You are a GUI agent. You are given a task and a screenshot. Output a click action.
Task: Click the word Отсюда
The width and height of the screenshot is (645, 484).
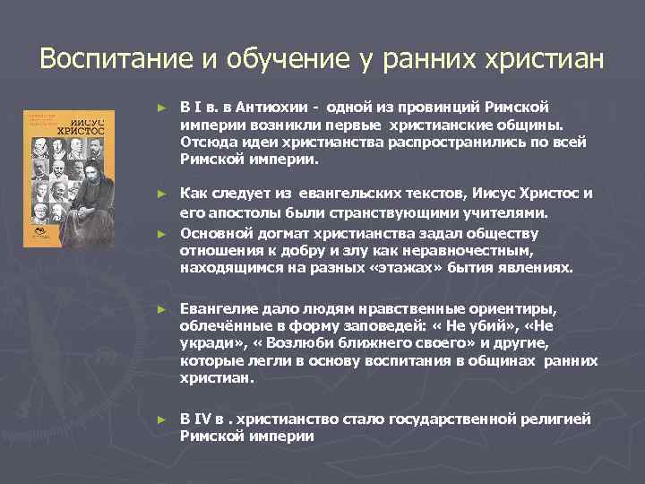pos(205,141)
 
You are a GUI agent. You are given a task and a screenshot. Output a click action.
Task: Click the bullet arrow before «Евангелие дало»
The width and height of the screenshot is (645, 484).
pos(162,307)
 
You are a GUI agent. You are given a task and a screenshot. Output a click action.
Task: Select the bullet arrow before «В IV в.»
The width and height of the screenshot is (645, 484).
pos(162,419)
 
